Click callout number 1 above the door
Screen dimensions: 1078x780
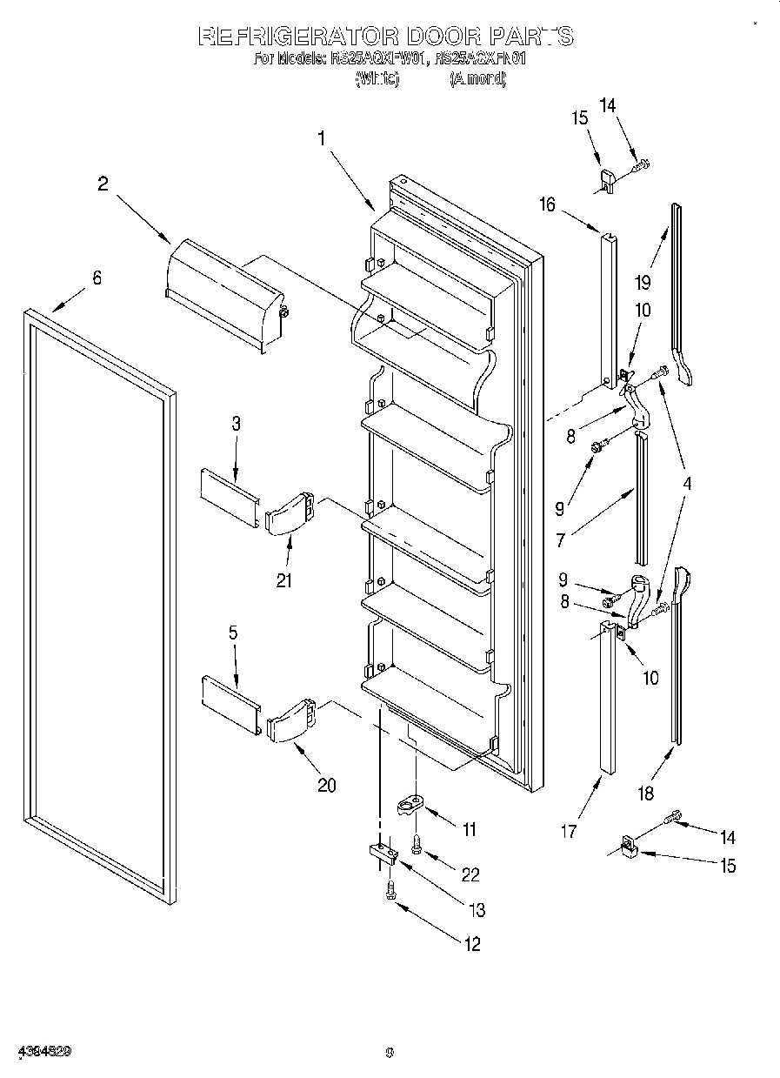[x=322, y=137]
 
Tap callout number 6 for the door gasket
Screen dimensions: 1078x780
[x=97, y=278]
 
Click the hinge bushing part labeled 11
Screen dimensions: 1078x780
[x=410, y=807]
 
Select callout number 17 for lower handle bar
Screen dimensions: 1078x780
[x=568, y=831]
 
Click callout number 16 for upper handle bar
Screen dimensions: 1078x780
[x=546, y=204]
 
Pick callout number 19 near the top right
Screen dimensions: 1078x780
[x=642, y=281]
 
